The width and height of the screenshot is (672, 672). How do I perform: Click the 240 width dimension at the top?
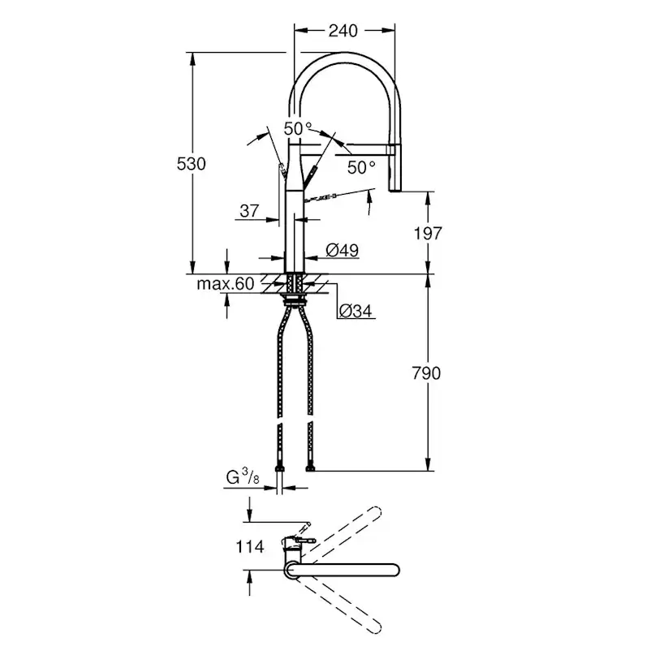343,31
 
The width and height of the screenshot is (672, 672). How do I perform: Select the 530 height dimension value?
192,163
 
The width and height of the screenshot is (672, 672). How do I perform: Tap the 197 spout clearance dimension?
427,234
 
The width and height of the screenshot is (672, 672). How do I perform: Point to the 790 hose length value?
427,373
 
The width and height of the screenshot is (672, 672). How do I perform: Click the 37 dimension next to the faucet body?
249,211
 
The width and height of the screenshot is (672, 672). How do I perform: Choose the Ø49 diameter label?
342,252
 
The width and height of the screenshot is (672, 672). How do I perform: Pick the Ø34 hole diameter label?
355,310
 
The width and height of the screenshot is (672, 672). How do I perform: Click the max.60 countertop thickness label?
225,283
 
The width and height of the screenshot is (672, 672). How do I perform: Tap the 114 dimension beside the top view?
249,546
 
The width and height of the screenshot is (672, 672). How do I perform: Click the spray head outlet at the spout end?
398,188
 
